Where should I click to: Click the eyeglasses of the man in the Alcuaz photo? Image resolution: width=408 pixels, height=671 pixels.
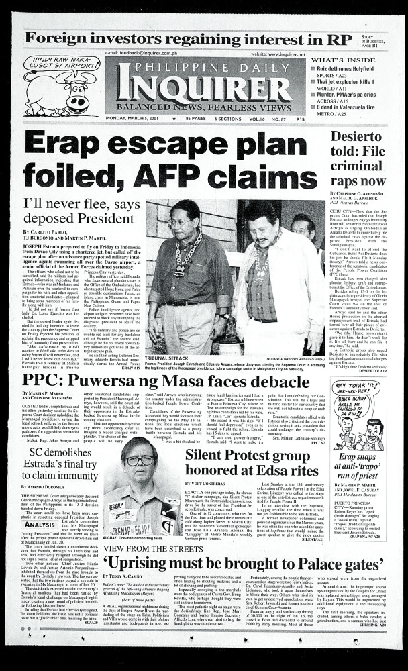click(139, 460)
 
